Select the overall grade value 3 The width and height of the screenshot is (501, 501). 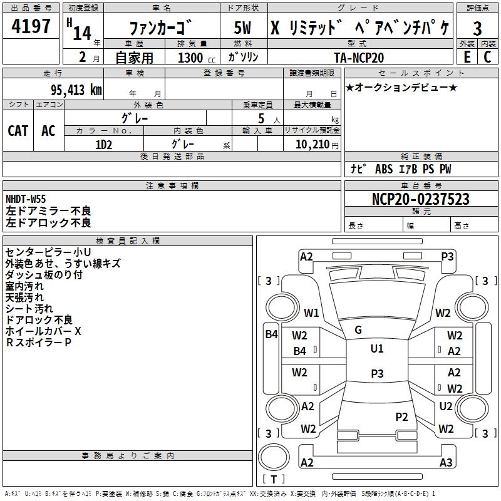point(477,29)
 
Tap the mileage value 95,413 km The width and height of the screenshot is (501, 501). point(71,90)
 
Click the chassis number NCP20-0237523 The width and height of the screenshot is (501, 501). point(420,199)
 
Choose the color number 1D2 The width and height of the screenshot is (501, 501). point(104,143)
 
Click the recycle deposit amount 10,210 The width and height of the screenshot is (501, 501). point(311,144)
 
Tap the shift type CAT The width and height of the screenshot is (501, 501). point(18,130)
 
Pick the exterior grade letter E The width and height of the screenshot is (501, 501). point(467,56)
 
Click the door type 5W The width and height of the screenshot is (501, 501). point(243,29)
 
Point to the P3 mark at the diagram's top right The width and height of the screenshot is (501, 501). point(448,256)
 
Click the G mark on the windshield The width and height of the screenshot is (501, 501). point(358,329)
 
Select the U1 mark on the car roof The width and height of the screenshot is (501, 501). point(376,349)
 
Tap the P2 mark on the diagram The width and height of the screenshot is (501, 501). point(401,416)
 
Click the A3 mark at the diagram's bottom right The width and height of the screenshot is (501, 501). point(446,462)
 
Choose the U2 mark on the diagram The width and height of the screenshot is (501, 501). point(446,406)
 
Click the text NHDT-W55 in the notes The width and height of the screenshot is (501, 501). point(26,199)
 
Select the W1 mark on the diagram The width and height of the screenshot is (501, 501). point(311,312)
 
